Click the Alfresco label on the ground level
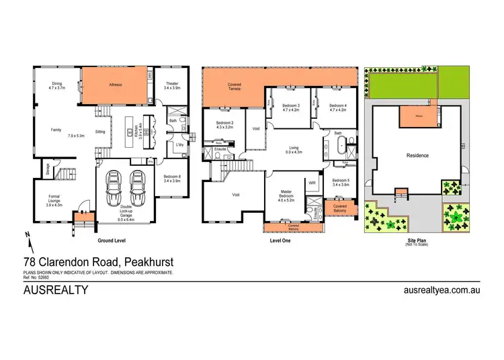pos(116,85)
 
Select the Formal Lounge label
pos(58,200)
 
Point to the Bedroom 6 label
pos(172,178)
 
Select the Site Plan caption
pos(417,240)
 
